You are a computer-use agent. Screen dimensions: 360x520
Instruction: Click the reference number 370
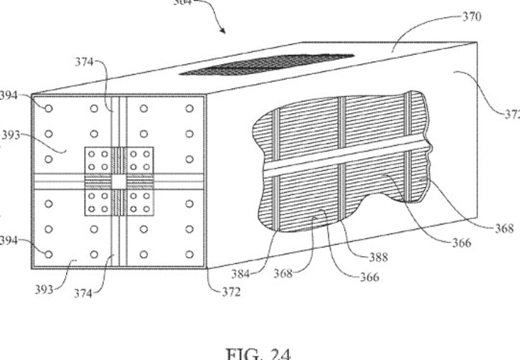pos(472,17)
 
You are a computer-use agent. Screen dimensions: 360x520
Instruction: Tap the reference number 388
pos(378,256)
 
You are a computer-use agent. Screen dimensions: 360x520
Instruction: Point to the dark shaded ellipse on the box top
pos(267,65)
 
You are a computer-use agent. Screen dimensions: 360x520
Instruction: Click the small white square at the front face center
pos(119,182)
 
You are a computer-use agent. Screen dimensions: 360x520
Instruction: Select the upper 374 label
pos(83,62)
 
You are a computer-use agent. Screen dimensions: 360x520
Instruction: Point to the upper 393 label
pos(10,135)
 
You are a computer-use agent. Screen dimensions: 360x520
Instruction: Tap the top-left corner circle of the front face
pos(48,108)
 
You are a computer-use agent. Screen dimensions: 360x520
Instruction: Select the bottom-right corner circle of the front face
pos(189,254)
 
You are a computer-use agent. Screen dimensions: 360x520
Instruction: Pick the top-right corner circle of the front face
pos(189,108)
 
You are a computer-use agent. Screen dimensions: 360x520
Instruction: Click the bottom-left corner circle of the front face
pos(48,254)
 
